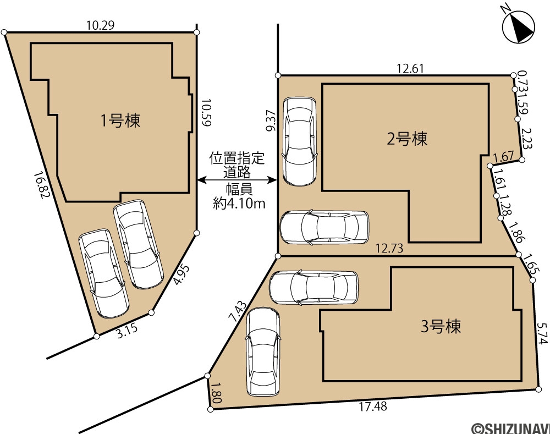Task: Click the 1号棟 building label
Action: (x=120, y=120)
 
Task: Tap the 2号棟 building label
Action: (x=407, y=139)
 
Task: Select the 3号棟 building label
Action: (x=441, y=326)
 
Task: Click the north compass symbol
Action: (x=518, y=26)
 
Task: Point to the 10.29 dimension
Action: (x=100, y=25)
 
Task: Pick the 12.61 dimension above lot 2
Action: (x=410, y=68)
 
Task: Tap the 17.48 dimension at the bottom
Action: (x=373, y=406)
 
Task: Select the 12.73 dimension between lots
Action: (x=389, y=249)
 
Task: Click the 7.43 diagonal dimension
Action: (x=238, y=311)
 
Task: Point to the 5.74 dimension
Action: (x=542, y=333)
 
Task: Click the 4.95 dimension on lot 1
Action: (x=182, y=274)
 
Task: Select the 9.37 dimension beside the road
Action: (x=272, y=120)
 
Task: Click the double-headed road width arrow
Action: (x=237, y=180)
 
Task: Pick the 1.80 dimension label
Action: (x=216, y=392)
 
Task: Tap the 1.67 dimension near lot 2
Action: (x=504, y=156)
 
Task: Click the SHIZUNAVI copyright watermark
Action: (x=510, y=428)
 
